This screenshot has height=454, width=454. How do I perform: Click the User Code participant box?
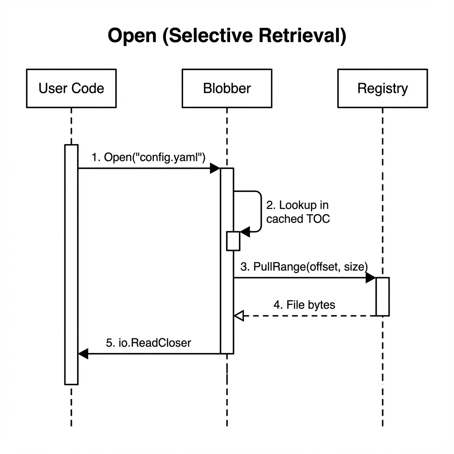tap(71, 88)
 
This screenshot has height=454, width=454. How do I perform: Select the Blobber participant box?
tap(227, 88)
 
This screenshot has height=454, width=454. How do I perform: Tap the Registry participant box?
tap(382, 88)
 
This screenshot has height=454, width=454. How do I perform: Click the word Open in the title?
tap(133, 36)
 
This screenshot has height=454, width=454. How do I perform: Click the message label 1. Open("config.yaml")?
tap(148, 157)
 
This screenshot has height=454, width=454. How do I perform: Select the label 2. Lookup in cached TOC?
tap(298, 212)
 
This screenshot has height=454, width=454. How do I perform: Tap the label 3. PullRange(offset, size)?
tap(304, 267)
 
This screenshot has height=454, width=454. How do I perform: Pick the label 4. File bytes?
tap(304, 305)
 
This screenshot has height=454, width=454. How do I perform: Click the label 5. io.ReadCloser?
tap(149, 343)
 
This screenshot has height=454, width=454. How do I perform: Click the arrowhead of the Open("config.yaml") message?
tap(215, 168)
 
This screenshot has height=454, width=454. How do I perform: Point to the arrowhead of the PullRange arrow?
tap(371, 278)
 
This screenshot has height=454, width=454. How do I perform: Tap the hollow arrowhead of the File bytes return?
tap(239, 316)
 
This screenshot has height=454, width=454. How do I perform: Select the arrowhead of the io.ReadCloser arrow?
tap(83, 354)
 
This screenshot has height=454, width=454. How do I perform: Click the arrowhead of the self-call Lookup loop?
tap(244, 231)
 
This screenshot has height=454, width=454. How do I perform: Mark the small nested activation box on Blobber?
tap(233, 241)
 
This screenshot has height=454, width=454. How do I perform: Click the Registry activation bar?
tap(383, 297)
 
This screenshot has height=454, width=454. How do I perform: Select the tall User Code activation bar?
tap(71, 264)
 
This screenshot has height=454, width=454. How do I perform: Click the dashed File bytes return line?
tap(310, 316)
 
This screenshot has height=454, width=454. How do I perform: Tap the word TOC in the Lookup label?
tap(318, 219)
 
